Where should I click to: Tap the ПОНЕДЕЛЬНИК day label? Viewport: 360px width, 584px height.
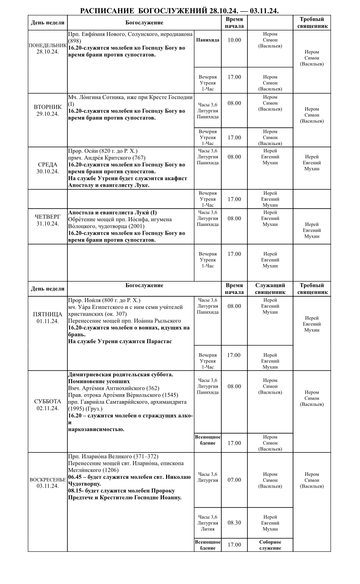coord(47,45)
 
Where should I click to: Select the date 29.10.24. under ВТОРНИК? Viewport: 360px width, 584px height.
coord(47,113)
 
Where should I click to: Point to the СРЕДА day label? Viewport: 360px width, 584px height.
coord(47,165)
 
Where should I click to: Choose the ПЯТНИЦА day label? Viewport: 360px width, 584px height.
coord(47,314)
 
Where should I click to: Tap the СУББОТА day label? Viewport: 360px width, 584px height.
coord(47,401)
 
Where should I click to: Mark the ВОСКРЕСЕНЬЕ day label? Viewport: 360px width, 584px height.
coord(47,480)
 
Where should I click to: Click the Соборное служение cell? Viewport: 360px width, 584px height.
coord(270,545)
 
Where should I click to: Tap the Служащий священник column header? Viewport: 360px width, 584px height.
coord(270,289)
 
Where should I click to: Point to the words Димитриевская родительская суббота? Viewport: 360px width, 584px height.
coord(120,374)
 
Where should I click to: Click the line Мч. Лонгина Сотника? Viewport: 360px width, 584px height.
coord(130,97)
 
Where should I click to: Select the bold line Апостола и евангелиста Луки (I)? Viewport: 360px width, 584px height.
coord(112,212)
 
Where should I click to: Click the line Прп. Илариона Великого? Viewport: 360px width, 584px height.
coord(113,456)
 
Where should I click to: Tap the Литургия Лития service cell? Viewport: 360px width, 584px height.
coord(207,523)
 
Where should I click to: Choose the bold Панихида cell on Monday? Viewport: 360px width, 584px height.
coord(207,40)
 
